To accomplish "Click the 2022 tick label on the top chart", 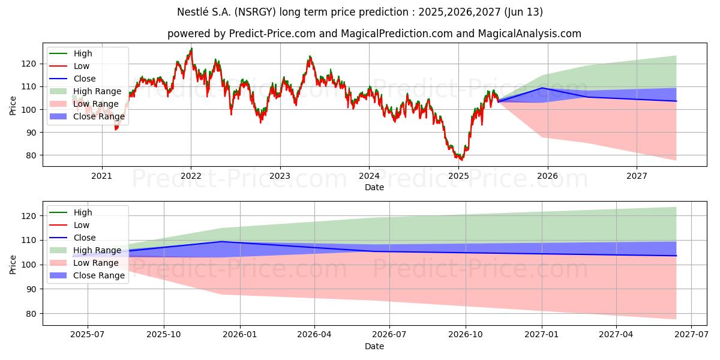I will [191, 176].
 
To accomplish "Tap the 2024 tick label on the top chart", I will [369, 176].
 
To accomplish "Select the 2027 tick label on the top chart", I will [637, 176].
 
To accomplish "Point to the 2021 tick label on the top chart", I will [101, 176].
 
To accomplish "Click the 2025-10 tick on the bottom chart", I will [164, 335].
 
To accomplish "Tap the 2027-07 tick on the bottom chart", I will [691, 335].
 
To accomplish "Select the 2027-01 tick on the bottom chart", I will [542, 335].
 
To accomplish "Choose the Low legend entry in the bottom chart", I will [81, 225].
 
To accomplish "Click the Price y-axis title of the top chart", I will [13, 104].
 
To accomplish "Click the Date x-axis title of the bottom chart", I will [374, 346].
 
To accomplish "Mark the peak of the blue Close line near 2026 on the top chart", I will [542, 88].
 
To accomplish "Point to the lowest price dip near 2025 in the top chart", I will [461, 160].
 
